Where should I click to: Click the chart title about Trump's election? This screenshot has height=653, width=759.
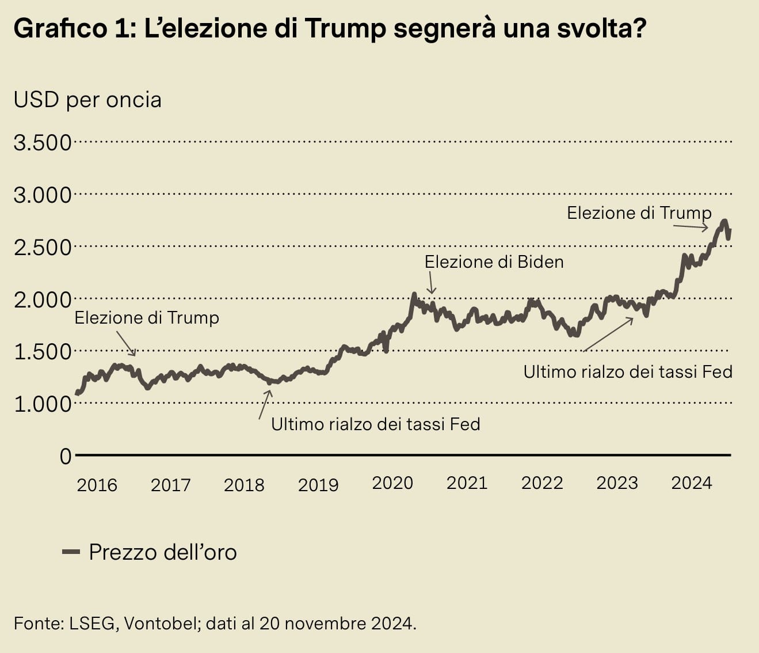[x=330, y=29]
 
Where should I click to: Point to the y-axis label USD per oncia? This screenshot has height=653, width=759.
[x=87, y=100]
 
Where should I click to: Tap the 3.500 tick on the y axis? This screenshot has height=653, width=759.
[x=43, y=143]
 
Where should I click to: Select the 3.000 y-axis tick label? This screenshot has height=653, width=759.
[x=43, y=195]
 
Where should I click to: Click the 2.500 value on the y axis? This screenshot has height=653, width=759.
[x=43, y=248]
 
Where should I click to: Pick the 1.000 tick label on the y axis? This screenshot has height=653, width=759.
[x=43, y=404]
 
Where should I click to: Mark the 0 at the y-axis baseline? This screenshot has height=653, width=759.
[x=66, y=457]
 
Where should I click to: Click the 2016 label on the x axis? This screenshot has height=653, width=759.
[x=97, y=485]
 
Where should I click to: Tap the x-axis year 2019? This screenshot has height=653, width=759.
[x=318, y=485]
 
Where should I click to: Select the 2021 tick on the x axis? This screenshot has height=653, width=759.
[x=467, y=483]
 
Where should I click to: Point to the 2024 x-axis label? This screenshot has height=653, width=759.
[x=691, y=483]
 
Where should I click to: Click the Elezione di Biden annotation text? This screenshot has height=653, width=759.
[x=494, y=262]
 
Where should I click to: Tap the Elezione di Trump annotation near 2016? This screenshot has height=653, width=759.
[x=147, y=318]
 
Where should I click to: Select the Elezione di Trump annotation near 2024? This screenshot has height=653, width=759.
[x=639, y=213]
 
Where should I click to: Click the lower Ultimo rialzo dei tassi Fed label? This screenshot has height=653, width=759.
[x=375, y=424]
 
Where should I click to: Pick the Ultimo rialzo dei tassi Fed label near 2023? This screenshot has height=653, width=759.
[x=628, y=372]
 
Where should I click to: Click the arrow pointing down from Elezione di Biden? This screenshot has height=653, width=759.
[x=431, y=283]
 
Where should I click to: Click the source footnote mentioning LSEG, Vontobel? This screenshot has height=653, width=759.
[x=215, y=624]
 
